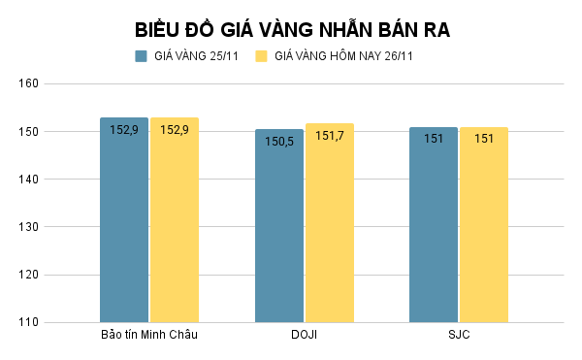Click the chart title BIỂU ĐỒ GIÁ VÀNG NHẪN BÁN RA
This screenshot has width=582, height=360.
click(x=291, y=30)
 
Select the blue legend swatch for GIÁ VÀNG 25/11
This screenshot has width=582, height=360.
click(x=141, y=56)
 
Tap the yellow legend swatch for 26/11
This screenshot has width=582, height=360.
click(x=261, y=56)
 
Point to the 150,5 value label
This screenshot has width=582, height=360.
click(x=279, y=140)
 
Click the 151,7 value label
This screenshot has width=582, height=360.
click(x=330, y=135)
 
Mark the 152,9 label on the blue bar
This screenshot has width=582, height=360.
click(x=124, y=129)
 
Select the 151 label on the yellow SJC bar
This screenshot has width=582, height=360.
click(x=484, y=139)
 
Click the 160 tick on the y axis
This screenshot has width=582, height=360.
click(x=28, y=83)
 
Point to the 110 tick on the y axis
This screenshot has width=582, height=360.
click(x=28, y=322)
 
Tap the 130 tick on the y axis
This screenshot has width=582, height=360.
click(x=28, y=227)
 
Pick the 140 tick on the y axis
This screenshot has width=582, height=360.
click(x=28, y=180)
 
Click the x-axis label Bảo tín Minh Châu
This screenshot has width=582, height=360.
click(x=149, y=336)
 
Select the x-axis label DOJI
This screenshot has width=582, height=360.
click(x=305, y=336)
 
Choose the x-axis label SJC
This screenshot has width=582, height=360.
click(x=459, y=336)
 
